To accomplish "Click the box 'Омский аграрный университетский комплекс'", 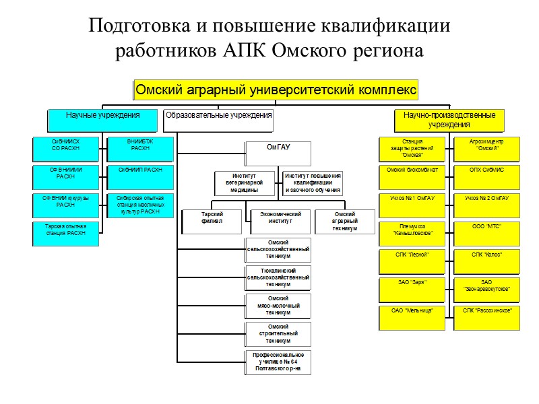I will coord(276,90).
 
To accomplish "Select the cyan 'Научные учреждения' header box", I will coord(103,120).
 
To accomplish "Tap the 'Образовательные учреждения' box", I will coord(219,120).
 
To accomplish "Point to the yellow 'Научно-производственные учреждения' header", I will coord(449,120).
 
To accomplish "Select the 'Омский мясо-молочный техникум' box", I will coord(278,306).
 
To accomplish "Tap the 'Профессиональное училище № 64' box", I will coord(278,362).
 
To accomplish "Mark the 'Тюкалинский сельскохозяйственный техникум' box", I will coord(278,277).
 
